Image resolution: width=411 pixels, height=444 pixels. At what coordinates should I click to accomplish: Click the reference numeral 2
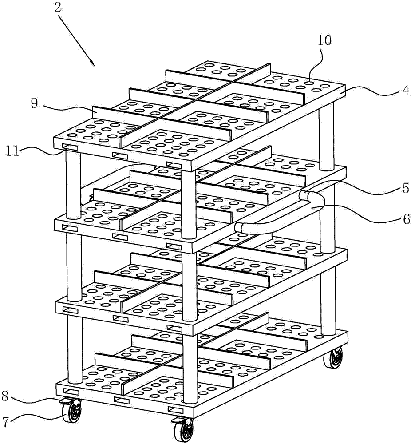pyautogui.click(x=57, y=8)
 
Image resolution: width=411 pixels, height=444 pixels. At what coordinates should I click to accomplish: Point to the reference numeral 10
pyautogui.click(x=324, y=40)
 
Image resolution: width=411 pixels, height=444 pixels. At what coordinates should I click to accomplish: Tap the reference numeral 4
pyautogui.click(x=406, y=91)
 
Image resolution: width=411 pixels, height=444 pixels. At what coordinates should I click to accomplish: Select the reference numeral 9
pyautogui.click(x=34, y=103)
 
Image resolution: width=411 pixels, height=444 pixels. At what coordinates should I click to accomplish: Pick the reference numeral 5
pyautogui.click(x=406, y=188)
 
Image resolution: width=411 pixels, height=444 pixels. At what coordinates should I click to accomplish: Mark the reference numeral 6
pyautogui.click(x=406, y=218)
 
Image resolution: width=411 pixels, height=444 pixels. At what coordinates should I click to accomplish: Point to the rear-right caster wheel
pyautogui.click(x=334, y=358)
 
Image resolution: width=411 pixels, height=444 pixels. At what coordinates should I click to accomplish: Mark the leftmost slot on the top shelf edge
pyautogui.click(x=70, y=147)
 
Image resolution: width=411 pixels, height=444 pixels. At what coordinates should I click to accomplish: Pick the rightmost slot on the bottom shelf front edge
pyautogui.click(x=176, y=410)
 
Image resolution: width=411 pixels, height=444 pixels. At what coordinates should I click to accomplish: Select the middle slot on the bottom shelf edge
pyautogui.click(x=122, y=400)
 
